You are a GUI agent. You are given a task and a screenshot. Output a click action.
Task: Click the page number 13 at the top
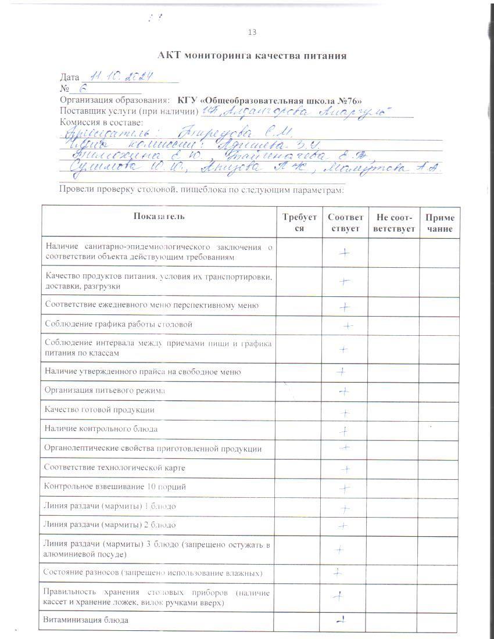pyautogui.click(x=252, y=32)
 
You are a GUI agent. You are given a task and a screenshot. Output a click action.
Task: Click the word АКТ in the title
pyautogui.click(x=170, y=56)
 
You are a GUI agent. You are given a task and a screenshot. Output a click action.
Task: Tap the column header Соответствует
pyautogui.click(x=345, y=222)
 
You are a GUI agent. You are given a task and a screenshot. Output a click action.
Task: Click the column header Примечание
pyautogui.click(x=439, y=222)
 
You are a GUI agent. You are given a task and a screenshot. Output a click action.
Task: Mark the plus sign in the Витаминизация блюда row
pyautogui.click(x=343, y=619)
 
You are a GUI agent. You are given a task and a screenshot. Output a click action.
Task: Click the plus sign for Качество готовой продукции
pyautogui.click(x=345, y=414)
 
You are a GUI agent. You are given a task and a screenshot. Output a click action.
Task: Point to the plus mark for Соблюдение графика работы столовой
pyautogui.click(x=348, y=326)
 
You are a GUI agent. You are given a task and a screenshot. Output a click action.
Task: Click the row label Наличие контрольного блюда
pyautogui.click(x=101, y=429)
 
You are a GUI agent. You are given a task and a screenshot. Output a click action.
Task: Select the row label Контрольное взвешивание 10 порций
pyautogui.click(x=115, y=486)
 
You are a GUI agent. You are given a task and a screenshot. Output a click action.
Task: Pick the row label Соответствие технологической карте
pyautogui.click(x=115, y=467)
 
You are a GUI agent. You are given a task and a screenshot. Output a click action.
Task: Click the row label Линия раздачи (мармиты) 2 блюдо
pyautogui.click(x=110, y=525)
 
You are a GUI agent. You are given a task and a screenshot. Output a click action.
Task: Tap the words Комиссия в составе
pyautogui.click(x=101, y=122)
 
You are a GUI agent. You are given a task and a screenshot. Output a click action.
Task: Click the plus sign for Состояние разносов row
pyautogui.click(x=337, y=572)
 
